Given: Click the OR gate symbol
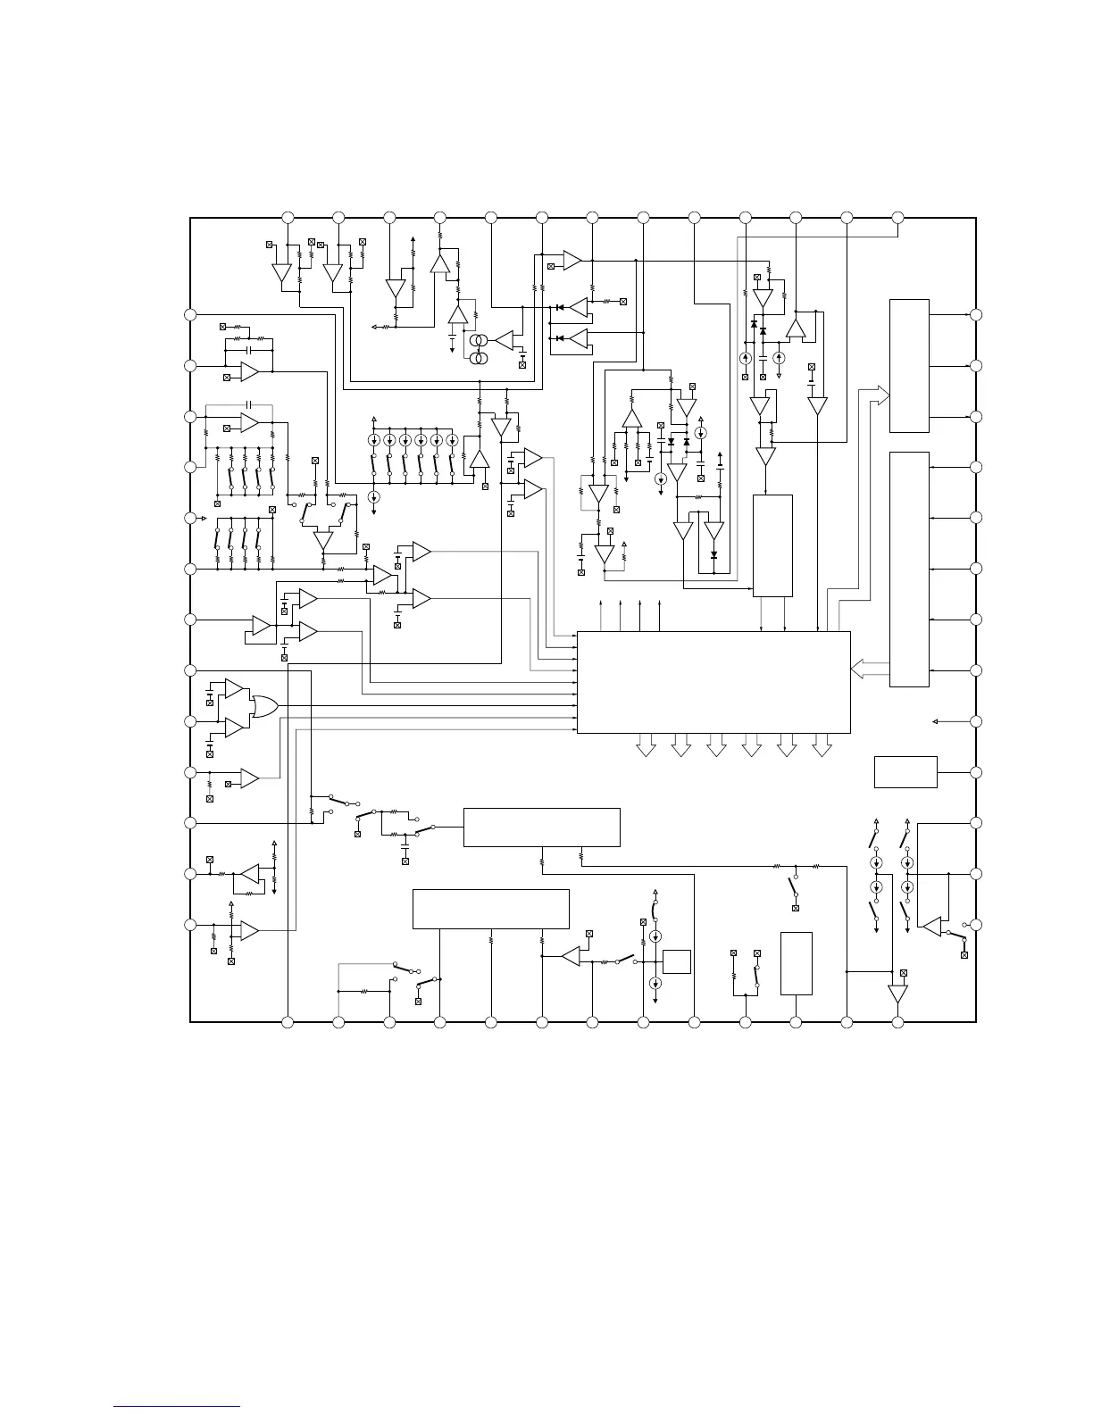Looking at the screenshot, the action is point(264,707).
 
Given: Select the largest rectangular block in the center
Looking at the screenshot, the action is point(713,682).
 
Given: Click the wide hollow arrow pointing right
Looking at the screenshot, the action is point(874,394).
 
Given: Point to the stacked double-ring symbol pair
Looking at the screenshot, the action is point(480,349).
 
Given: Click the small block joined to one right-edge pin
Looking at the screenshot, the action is point(905,772).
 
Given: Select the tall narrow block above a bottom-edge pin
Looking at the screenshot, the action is point(797,963).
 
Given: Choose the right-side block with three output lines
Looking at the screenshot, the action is point(909,366).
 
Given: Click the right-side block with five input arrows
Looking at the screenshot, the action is point(909,570).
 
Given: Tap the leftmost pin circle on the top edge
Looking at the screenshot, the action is point(288,218).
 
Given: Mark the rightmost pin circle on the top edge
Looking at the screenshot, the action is point(898,218).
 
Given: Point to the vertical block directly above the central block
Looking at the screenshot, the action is point(772,545).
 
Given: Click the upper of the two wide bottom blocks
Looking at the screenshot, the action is point(541,827).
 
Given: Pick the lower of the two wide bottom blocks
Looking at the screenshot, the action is point(490,909).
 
